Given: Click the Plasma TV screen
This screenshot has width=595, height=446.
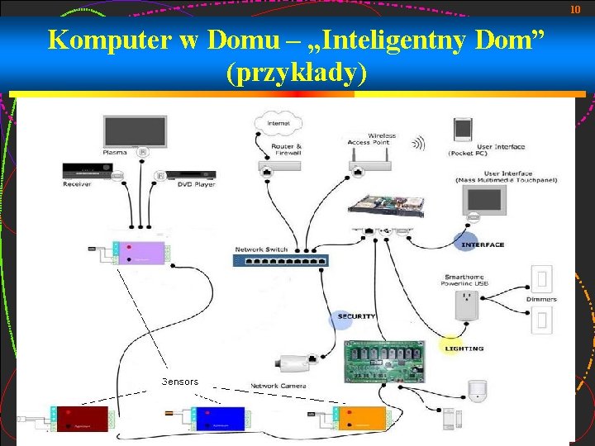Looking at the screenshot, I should point(128,131).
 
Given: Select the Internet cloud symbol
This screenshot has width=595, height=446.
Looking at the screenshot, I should point(278,125).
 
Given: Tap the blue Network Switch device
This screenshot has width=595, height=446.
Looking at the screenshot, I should point(280,260).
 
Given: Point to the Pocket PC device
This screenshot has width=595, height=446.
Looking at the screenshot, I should point(463,130).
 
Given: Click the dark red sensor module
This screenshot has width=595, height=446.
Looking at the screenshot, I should point(82,419).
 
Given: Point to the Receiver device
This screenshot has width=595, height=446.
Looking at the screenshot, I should point(85,173).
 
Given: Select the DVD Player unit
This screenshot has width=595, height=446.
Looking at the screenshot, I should point(191,175).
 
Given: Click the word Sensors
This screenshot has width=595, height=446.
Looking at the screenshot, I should point(180,382).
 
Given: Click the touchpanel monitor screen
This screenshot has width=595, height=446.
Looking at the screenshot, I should point(485,200).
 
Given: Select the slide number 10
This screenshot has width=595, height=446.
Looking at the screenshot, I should point(576,9).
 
